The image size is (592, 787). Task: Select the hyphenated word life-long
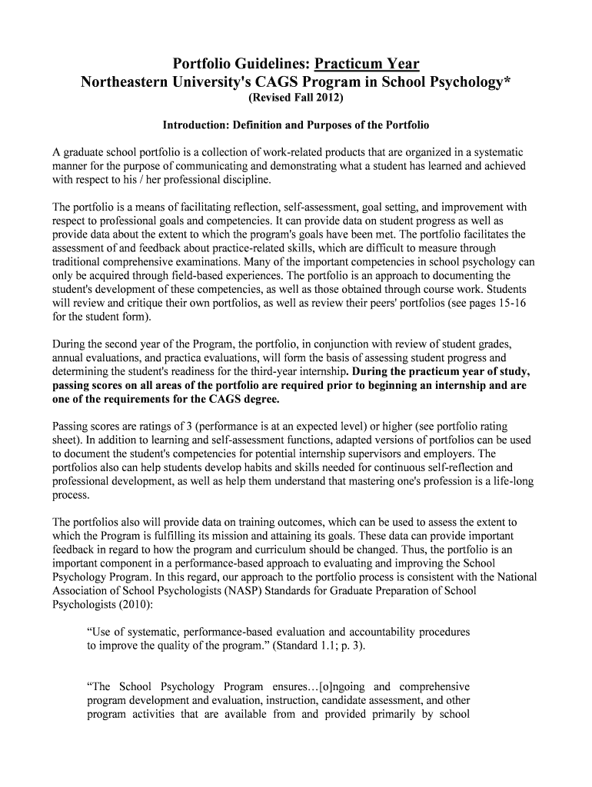509,481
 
